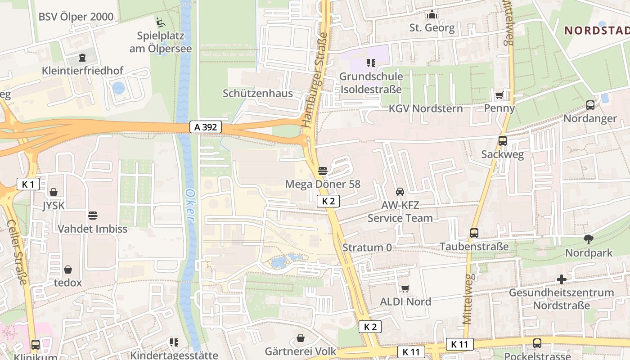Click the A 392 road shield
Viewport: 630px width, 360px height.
[206, 127]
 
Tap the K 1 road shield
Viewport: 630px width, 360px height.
[28, 184]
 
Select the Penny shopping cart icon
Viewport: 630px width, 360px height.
[499, 95]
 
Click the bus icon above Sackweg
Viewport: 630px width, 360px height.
[503, 141]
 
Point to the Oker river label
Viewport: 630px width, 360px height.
[190, 205]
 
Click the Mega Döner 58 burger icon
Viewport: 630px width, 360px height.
[323, 171]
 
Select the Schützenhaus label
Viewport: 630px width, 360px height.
[258, 94]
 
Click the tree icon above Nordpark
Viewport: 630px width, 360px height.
[588, 239]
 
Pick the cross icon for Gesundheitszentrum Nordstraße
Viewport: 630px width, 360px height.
[561, 279]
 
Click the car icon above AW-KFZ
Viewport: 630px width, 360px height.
[400, 192]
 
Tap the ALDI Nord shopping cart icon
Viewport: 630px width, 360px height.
[405, 288]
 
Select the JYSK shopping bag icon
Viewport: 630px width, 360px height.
[54, 192]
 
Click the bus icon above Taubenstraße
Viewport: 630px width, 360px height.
[474, 233]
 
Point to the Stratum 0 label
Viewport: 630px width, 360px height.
[367, 247]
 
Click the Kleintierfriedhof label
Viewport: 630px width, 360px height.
[82, 71]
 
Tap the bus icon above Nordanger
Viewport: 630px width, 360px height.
[590, 105]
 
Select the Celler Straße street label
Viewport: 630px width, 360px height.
[17, 252]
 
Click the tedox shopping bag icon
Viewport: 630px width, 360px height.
[68, 270]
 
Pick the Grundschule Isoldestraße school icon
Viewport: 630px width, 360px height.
[371, 63]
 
